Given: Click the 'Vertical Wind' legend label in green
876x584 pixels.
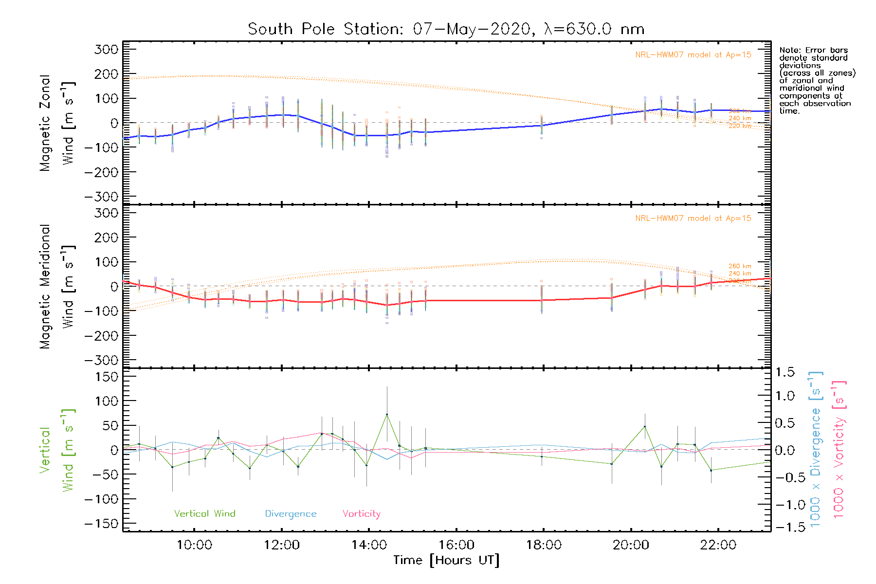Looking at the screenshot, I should click(204, 514).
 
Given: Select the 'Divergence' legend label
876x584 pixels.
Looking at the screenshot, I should click(291, 514).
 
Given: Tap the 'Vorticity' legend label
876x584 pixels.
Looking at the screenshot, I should click(361, 514).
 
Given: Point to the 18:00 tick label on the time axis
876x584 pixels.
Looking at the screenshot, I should click(544, 545).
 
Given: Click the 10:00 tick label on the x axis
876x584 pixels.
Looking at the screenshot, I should click(194, 545).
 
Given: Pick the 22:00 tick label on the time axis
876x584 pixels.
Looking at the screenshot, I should click(718, 545).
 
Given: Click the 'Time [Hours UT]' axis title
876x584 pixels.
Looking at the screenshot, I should click(446, 561).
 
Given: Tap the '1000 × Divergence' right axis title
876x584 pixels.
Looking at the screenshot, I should click(816, 450).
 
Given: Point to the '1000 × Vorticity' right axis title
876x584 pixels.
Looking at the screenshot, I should click(839, 450).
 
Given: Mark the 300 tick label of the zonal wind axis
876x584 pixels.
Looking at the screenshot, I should click(107, 49).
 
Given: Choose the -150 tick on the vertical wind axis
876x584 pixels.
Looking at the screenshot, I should click(101, 524).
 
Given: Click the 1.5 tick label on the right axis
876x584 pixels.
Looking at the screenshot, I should click(785, 372).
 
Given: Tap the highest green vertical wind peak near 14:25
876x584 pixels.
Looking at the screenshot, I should click(387, 414).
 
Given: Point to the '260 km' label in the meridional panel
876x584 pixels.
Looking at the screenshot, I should click(740, 266).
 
